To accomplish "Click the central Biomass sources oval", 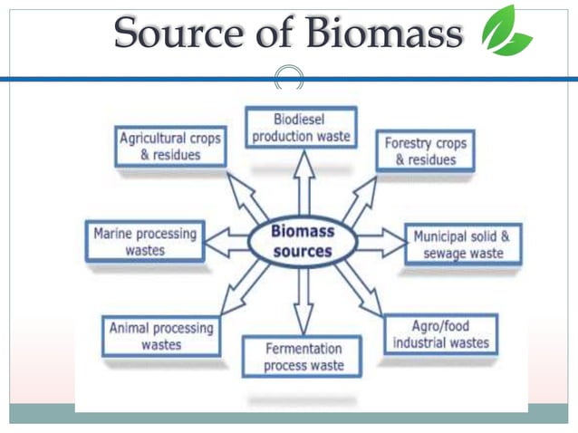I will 303,241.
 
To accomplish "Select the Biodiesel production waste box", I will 302,128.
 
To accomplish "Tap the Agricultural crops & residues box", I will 169,147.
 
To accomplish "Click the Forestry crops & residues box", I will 425,151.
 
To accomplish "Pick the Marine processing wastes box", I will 145,242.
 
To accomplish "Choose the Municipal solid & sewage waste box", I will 462,245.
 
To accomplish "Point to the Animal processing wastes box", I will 160,336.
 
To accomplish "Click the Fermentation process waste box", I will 303,357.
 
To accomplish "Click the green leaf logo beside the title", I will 506,32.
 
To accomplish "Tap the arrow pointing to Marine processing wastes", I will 225,242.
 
